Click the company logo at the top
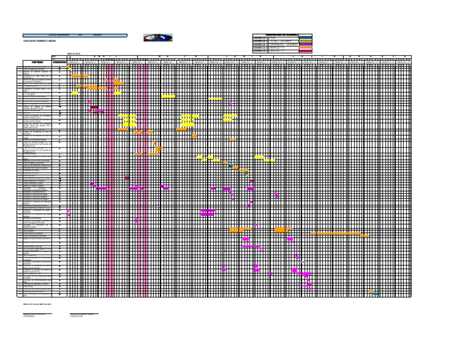click(x=157, y=38)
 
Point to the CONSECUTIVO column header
click(x=59, y=62)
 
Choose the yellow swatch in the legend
click(x=306, y=41)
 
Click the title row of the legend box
click(x=282, y=35)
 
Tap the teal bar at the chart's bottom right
click(x=377, y=294)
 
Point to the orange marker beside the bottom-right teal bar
click(x=371, y=292)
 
